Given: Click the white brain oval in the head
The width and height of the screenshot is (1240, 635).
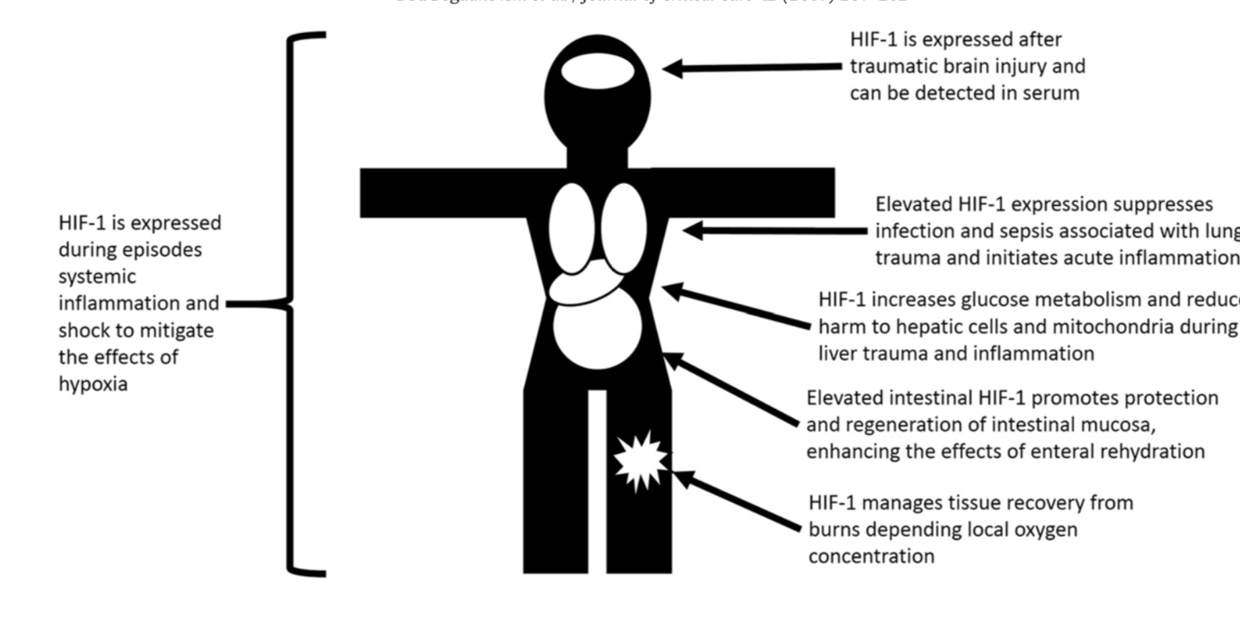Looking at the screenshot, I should click(598, 71).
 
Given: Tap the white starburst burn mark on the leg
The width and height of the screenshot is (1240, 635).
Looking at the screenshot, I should click(640, 461).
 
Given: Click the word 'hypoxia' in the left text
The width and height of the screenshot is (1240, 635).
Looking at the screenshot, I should click(93, 384).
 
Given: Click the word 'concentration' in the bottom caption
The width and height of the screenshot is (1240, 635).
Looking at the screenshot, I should click(871, 557).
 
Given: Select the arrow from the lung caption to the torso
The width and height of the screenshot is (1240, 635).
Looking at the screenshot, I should click(777, 231).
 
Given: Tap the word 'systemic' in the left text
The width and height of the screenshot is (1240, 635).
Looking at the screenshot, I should click(97, 277).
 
